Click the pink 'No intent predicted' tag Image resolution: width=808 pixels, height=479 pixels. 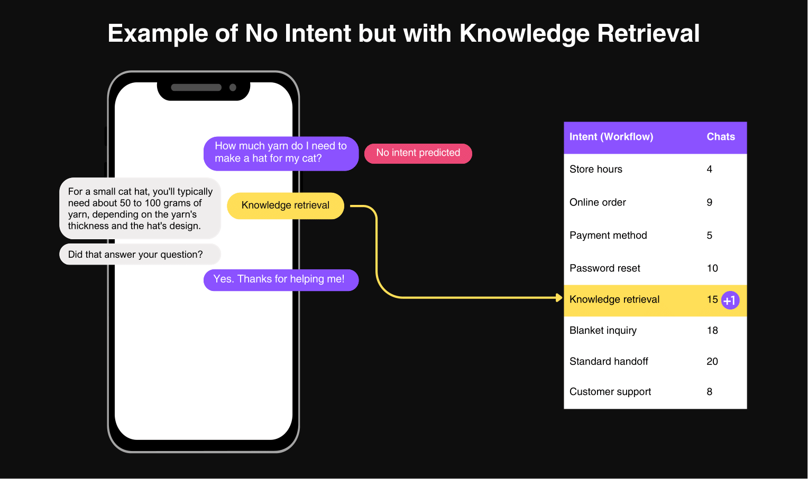418,154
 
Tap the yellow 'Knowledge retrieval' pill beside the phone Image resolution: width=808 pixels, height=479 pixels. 286,205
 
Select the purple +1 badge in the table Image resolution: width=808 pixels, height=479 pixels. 730,300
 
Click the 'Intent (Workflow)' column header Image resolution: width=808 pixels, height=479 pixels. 611,137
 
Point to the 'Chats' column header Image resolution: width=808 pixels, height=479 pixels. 720,137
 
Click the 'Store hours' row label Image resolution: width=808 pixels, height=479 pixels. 595,170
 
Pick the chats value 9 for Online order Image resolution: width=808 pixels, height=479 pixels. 709,202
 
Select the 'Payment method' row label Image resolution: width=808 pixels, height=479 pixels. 608,236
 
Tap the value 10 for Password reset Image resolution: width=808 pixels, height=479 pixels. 712,268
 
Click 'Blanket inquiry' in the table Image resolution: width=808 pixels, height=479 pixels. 603,331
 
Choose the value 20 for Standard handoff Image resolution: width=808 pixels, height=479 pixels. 712,362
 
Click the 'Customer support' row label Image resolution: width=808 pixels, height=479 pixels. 610,392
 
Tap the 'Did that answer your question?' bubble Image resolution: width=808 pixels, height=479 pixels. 140,254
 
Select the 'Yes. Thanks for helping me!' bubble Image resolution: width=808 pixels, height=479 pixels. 281,280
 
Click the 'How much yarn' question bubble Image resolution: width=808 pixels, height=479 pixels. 281,154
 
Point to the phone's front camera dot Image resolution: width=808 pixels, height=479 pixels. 233,88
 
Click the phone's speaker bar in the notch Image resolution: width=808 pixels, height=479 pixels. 196,88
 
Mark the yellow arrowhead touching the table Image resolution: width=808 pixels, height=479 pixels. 559,297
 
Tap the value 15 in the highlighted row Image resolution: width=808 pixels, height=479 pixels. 712,299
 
